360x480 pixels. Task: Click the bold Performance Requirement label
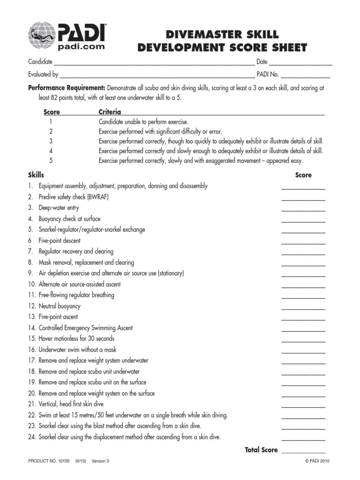67,88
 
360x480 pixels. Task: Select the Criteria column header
110,112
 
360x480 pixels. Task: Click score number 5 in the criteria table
50,160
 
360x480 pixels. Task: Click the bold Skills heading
36,175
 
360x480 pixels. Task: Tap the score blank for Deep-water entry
303,210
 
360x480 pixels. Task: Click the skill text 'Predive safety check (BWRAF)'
74,197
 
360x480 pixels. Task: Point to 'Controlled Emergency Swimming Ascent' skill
85,328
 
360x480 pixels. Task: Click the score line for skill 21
303,406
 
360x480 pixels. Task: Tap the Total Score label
261,450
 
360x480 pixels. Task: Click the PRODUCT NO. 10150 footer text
49,461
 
